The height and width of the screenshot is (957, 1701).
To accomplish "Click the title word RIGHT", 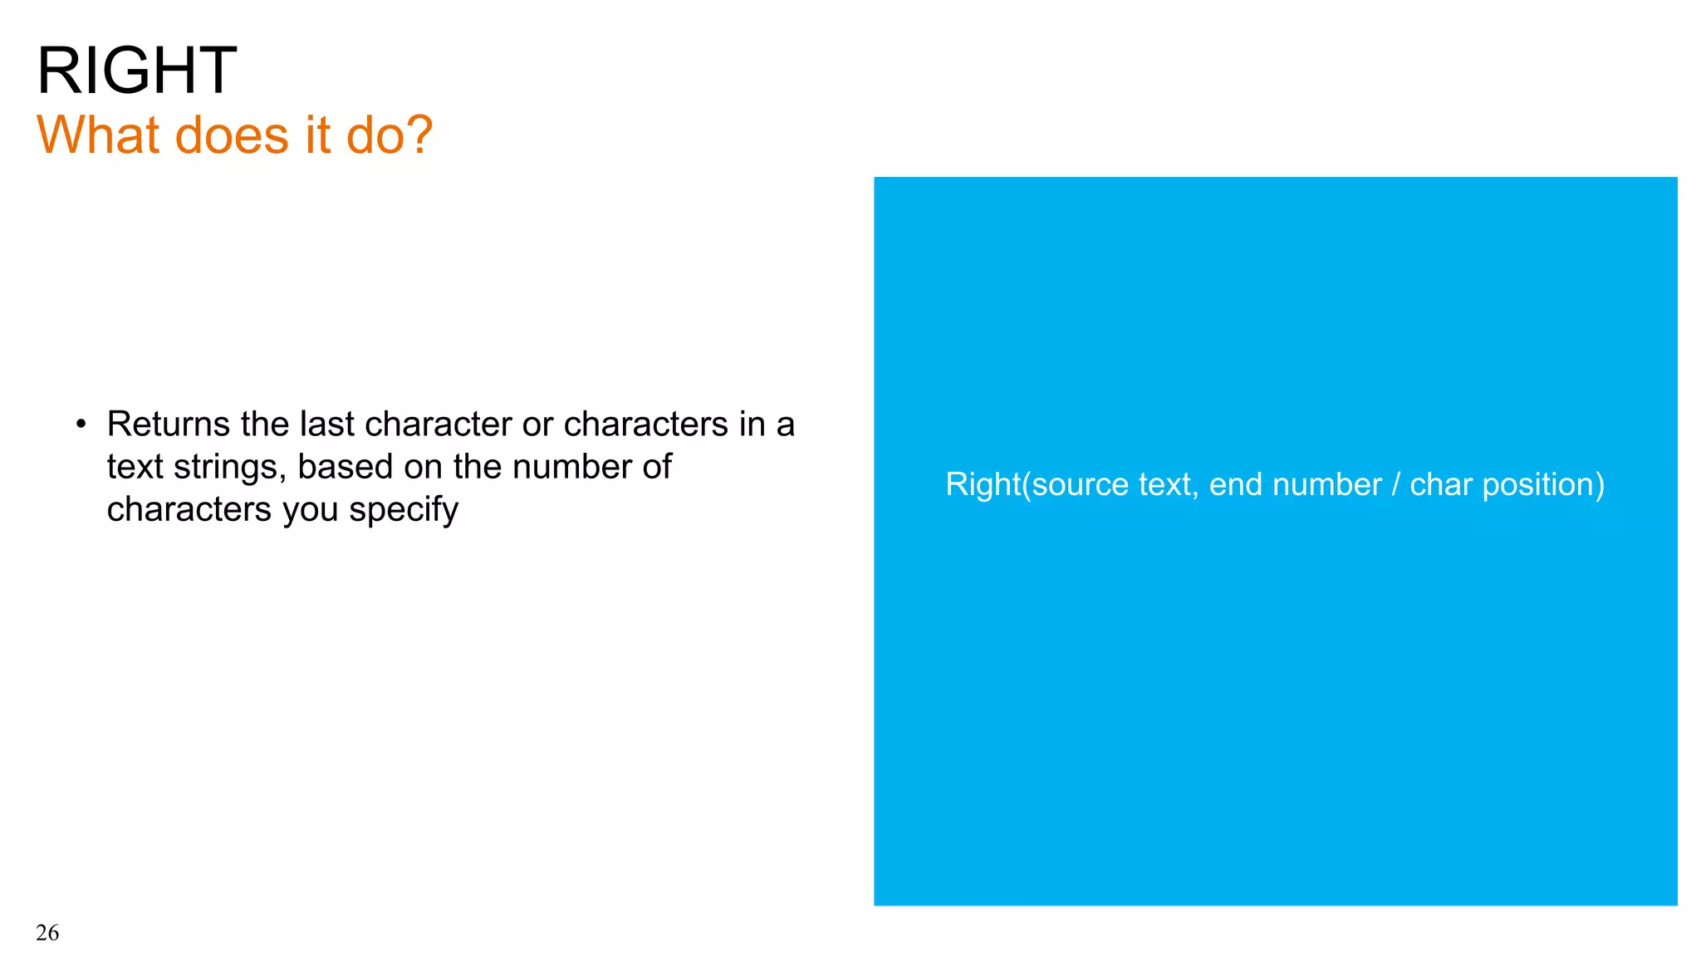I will pos(137,71).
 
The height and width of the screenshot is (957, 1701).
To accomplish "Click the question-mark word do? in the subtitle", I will pos(390,135).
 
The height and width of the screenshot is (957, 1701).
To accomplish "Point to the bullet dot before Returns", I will pos(81,425).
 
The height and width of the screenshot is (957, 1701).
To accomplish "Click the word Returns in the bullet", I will pos(168,425).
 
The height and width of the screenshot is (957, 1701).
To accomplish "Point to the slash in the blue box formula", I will pos(1396,484).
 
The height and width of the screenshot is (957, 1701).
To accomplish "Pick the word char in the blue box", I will pos(1441,484).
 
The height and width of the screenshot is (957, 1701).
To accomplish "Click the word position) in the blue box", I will pos(1543,485).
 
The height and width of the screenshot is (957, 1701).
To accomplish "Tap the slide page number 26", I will pos(47,933).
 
